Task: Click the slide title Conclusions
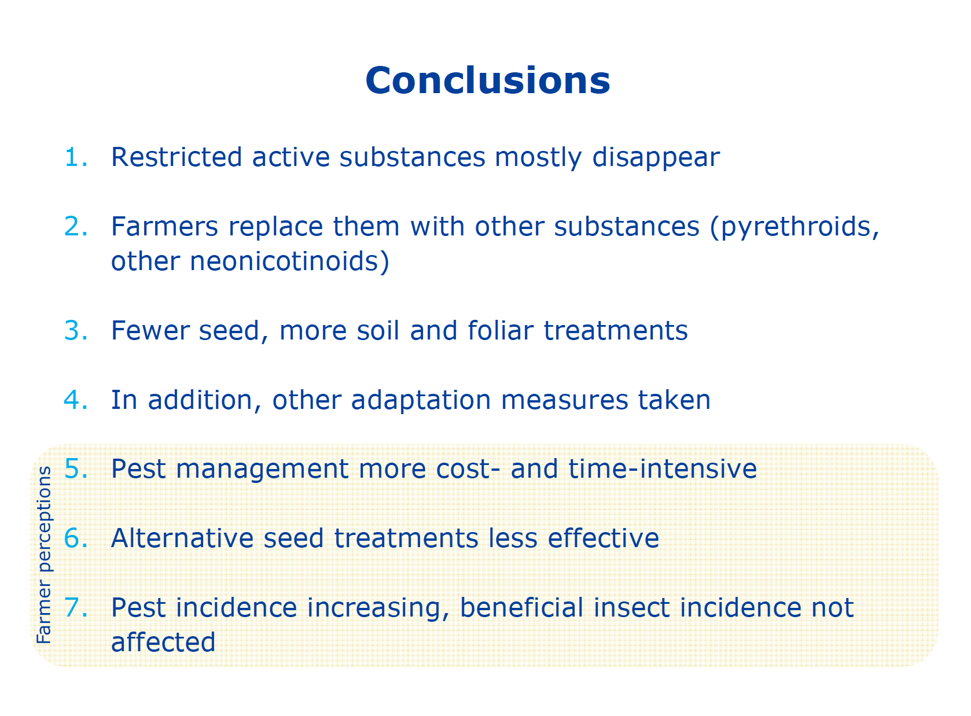487,80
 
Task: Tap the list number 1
76,157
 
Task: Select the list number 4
76,400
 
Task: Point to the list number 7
76,607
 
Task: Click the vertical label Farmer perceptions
44,555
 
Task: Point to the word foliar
501,330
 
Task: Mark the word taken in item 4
674,400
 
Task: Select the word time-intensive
663,468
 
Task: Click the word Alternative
182,538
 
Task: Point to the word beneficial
521,607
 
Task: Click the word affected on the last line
163,641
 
